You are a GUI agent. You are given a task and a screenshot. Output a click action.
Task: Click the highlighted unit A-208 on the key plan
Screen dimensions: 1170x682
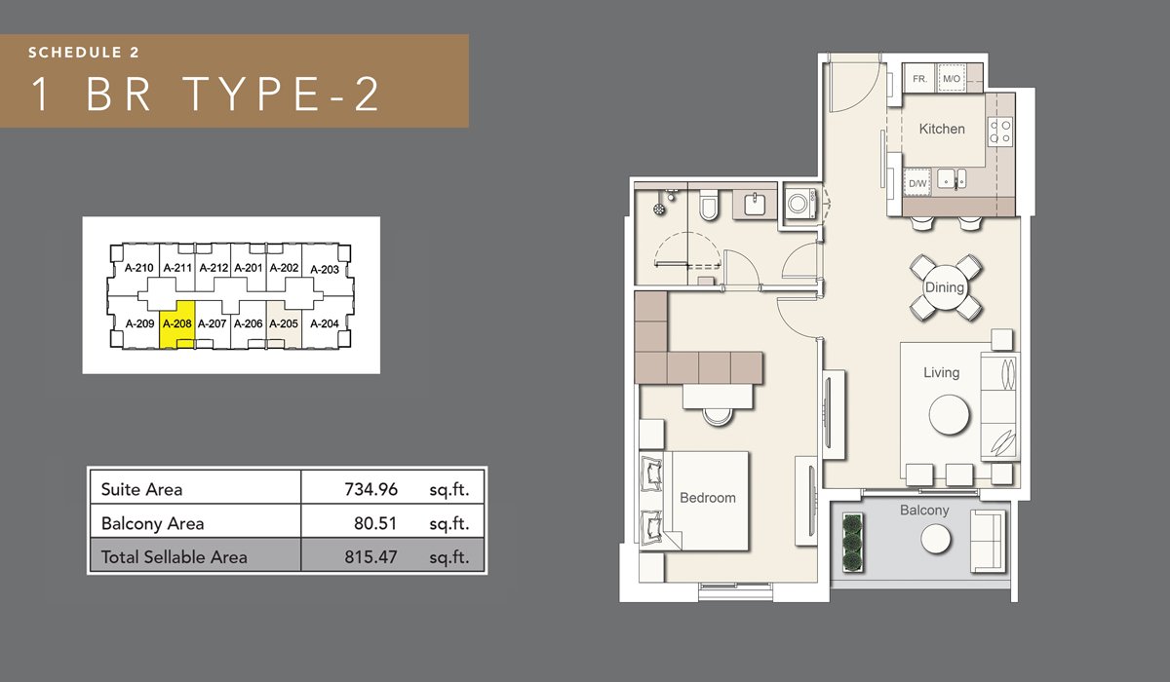pyautogui.click(x=177, y=324)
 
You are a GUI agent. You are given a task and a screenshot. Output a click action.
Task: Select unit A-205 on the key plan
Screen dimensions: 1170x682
pyautogui.click(x=284, y=324)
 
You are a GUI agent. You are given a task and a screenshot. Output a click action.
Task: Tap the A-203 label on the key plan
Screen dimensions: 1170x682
pyautogui.click(x=325, y=270)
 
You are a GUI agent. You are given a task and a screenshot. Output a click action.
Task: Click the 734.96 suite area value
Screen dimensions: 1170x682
pyautogui.click(x=370, y=489)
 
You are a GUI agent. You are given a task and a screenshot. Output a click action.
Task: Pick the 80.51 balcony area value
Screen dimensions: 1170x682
pyautogui.click(x=375, y=523)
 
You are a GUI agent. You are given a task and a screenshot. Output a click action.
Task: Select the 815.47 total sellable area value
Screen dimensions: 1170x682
pyautogui.click(x=370, y=557)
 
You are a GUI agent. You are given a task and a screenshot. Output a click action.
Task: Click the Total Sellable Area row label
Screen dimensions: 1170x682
pyautogui.click(x=174, y=557)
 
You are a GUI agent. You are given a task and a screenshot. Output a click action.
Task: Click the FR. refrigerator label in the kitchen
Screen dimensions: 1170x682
pyautogui.click(x=919, y=79)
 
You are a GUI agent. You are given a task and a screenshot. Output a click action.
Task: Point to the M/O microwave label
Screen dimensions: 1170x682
pyautogui.click(x=952, y=79)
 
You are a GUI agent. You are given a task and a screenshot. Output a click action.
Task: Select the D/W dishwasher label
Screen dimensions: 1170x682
pyautogui.click(x=917, y=184)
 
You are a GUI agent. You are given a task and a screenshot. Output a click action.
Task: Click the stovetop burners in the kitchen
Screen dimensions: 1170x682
pyautogui.click(x=1000, y=132)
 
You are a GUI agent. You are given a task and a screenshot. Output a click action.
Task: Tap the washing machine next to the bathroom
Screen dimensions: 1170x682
pyautogui.click(x=799, y=203)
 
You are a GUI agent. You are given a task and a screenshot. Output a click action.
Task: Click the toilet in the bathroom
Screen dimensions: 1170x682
pyautogui.click(x=709, y=206)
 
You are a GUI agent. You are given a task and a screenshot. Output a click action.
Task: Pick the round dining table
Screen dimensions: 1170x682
pyautogui.click(x=945, y=287)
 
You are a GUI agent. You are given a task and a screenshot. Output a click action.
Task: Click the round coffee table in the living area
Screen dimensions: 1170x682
pyautogui.click(x=949, y=415)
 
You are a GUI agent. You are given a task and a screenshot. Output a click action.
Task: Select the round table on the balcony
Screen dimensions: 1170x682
pyautogui.click(x=935, y=539)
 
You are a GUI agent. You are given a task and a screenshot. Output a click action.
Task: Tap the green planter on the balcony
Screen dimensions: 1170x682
pyautogui.click(x=852, y=543)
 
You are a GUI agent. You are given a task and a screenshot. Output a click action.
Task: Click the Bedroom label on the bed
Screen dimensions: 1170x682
pyautogui.click(x=708, y=498)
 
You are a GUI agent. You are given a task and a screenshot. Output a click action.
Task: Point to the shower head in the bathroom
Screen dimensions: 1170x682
pyautogui.click(x=660, y=208)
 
